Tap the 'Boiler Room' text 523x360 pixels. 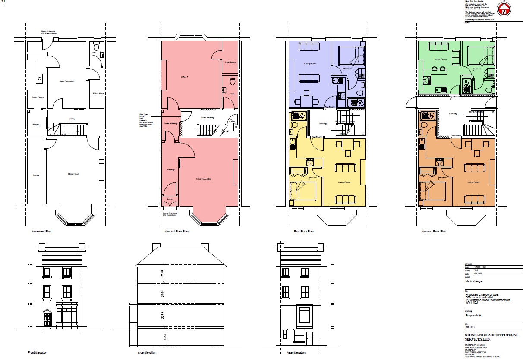pos(33,97)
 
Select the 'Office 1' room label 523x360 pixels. pos(184,77)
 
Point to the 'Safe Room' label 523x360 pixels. pos(230,63)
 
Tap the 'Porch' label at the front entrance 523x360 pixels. pos(169,200)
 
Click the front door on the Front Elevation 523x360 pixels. pos(47,319)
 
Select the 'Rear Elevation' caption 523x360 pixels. pos(296,353)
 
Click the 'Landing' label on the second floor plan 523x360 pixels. pos(453,114)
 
